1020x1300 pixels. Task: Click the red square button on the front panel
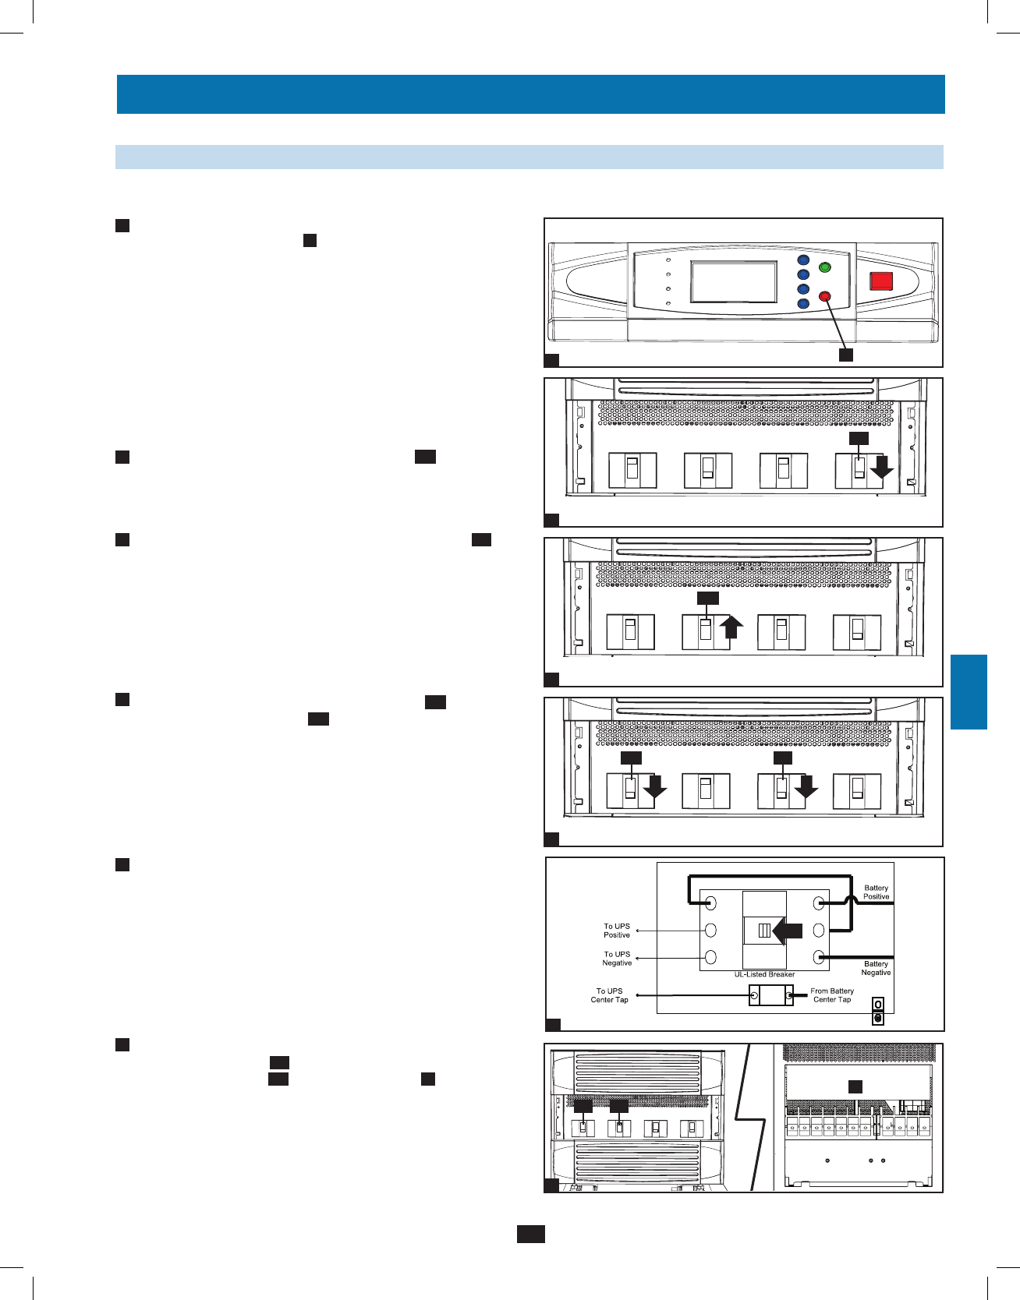(881, 281)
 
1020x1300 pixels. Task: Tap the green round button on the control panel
(824, 268)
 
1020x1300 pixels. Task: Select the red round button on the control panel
(825, 296)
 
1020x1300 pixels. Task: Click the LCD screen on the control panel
(734, 281)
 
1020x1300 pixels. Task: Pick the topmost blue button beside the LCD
(803, 260)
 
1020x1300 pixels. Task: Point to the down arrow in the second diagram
(882, 468)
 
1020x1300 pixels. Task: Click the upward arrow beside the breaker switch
(731, 627)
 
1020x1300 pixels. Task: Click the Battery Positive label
(876, 892)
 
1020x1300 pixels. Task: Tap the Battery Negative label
(876, 968)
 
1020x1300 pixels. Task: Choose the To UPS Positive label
(616, 931)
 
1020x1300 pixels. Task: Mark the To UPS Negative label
(616, 959)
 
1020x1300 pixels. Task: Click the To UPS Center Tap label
(609, 995)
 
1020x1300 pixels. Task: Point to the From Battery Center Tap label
(832, 995)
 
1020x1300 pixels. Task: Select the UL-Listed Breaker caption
(764, 974)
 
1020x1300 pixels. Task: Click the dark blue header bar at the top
(530, 94)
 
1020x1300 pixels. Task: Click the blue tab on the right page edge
(969, 692)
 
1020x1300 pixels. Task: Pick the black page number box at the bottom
(530, 1234)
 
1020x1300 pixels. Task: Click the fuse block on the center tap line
(770, 995)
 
